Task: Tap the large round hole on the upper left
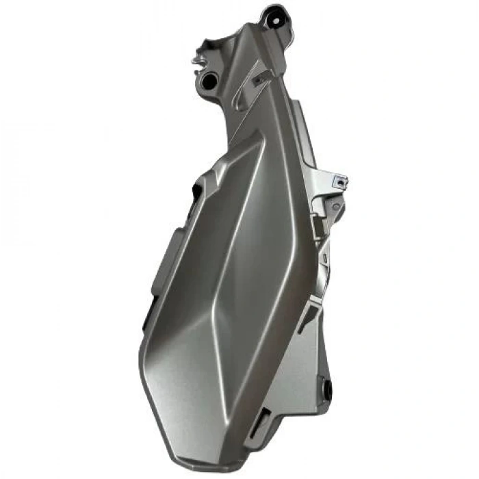pos(208,81)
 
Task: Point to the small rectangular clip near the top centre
pos(259,80)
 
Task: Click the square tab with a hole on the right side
pos(339,181)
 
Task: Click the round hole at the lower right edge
pos(327,391)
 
